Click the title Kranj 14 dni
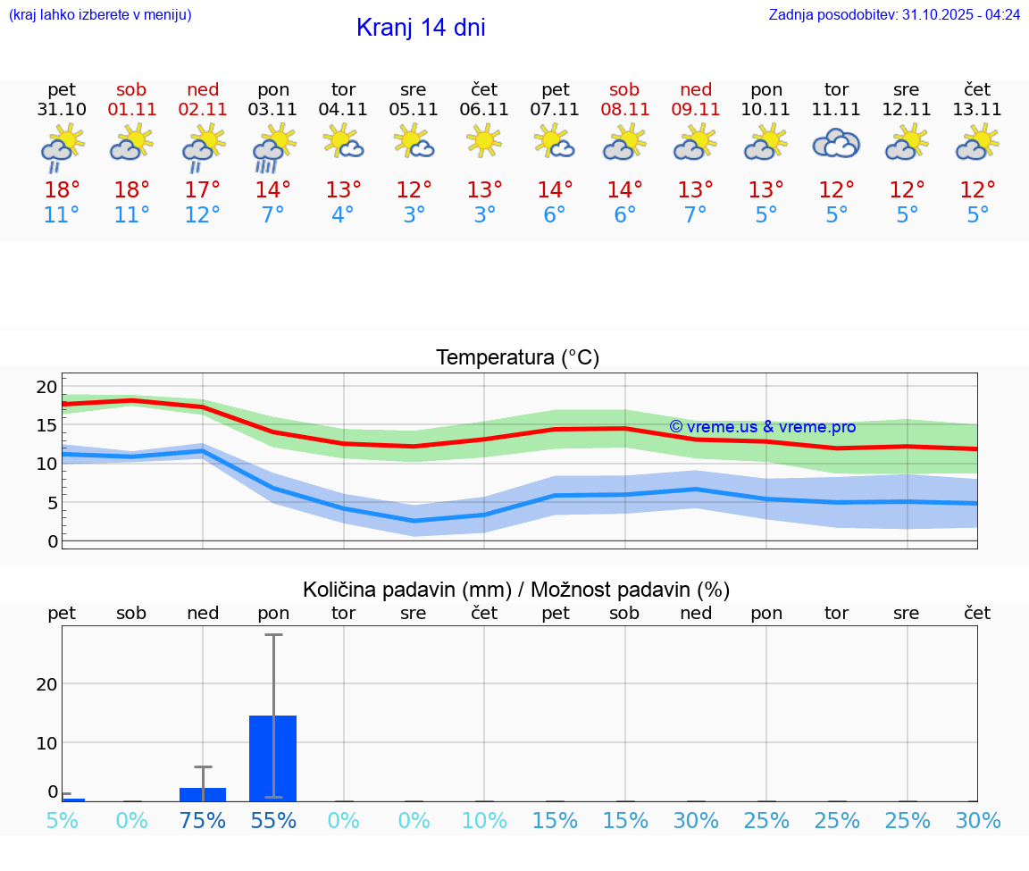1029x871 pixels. coord(421,28)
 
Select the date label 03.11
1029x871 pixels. coord(272,110)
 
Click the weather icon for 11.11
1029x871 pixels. coord(836,143)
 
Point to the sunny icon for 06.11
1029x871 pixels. coord(484,140)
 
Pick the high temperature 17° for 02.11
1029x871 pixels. coord(203,190)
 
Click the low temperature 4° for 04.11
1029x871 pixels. coord(343,215)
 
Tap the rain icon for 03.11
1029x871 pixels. coord(272,147)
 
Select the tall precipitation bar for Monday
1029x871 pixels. coord(272,758)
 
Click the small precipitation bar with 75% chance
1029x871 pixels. coord(203,794)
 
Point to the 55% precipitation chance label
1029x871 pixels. coord(272,821)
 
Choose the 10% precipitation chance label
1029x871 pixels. coord(484,821)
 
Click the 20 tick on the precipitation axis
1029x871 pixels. coord(46,684)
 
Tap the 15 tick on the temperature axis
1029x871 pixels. coord(46,425)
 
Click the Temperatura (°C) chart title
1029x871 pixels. coord(517,358)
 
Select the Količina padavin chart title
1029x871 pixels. coord(516,590)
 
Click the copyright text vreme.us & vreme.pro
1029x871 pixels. coord(763,427)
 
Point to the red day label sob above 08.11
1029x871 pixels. coord(624,90)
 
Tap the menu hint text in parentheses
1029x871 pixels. coord(100,15)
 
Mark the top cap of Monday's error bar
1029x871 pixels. coord(273,634)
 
